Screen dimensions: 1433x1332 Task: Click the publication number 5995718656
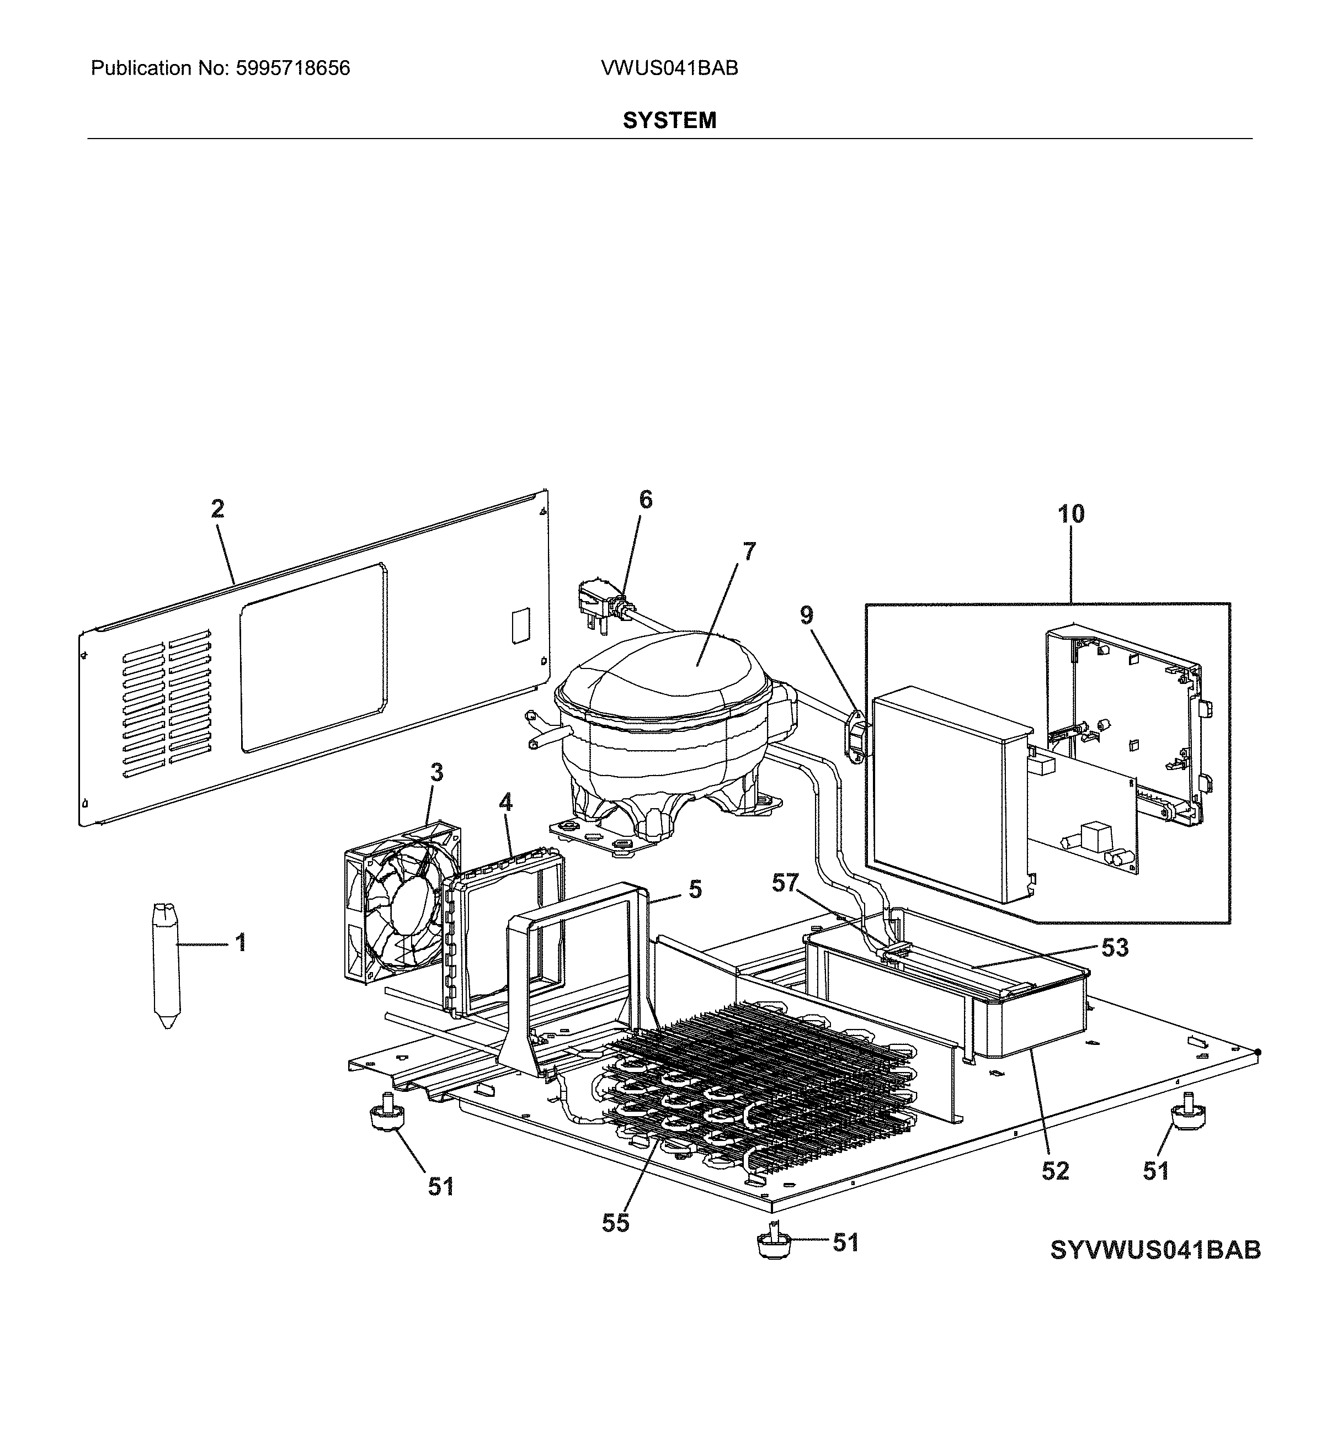click(292, 68)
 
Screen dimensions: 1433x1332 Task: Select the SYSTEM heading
click(669, 120)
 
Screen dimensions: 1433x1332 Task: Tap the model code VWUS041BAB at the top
click(669, 68)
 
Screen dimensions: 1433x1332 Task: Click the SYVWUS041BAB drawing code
click(1155, 1270)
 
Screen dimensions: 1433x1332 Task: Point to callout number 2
click(217, 509)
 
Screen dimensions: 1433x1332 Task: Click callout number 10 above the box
click(1070, 514)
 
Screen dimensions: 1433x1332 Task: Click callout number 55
click(615, 1223)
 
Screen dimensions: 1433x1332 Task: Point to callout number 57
click(785, 883)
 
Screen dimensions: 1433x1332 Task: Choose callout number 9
click(806, 615)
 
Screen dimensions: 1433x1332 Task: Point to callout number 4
click(506, 802)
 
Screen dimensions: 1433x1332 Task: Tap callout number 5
click(695, 889)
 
